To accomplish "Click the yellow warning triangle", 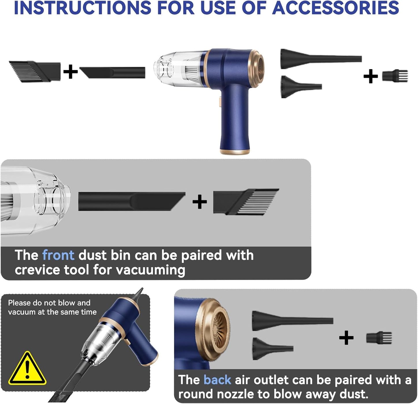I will coord(27,369).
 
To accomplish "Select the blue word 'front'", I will coord(58,255).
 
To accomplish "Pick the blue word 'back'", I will coord(217,380).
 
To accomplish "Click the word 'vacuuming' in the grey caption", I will coord(150,270).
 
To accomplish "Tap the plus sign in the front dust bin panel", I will coord(200,202).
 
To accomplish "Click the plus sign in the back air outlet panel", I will coord(346,338).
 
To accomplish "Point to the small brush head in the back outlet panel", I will coord(379,338).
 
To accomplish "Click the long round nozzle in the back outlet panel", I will coord(292,321).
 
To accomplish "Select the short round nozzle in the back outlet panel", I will coord(272,348).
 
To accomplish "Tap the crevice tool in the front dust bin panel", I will coord(132,201).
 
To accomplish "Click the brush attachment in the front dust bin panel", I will coord(246,202).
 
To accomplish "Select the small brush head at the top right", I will coord(395,76).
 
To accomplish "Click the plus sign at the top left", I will coord(70,72).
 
